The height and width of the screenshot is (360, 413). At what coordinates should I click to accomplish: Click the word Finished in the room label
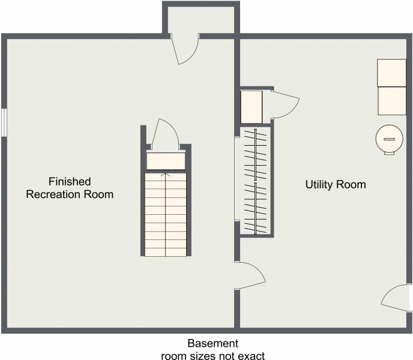point(70,181)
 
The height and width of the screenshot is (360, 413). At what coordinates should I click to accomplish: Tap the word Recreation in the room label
point(59,194)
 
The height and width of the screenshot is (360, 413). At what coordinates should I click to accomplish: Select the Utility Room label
point(335,185)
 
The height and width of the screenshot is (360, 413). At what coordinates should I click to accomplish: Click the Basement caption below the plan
point(213,344)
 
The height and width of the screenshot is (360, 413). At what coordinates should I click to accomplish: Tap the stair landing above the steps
point(166,161)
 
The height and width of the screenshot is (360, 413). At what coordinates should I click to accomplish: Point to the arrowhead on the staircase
point(166,175)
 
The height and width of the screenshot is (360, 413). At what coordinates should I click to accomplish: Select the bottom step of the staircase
point(166,250)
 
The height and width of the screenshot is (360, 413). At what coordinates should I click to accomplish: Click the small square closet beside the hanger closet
point(251,106)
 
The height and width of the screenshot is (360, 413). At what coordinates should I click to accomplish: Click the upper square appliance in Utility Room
point(391,73)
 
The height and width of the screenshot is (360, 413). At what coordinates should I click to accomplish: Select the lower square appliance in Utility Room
point(391,100)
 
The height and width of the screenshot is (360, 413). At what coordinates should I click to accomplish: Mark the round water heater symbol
point(388,139)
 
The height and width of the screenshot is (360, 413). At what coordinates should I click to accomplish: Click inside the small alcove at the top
point(201,20)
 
